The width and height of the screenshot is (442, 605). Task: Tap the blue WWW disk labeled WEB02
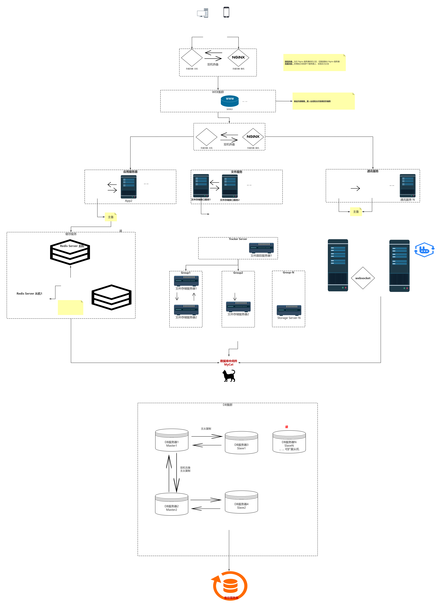click(x=230, y=101)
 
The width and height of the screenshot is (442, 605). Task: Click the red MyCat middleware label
click(x=229, y=363)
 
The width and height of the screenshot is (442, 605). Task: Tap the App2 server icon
click(x=129, y=187)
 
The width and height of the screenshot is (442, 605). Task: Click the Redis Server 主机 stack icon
click(x=70, y=252)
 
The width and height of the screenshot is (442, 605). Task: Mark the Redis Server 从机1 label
click(x=29, y=293)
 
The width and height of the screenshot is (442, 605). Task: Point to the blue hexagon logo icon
click(x=424, y=250)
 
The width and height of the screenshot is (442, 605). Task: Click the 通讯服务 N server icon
click(x=407, y=186)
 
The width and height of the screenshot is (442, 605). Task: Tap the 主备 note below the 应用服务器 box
click(x=111, y=217)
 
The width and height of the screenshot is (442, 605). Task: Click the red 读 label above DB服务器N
click(x=286, y=427)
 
